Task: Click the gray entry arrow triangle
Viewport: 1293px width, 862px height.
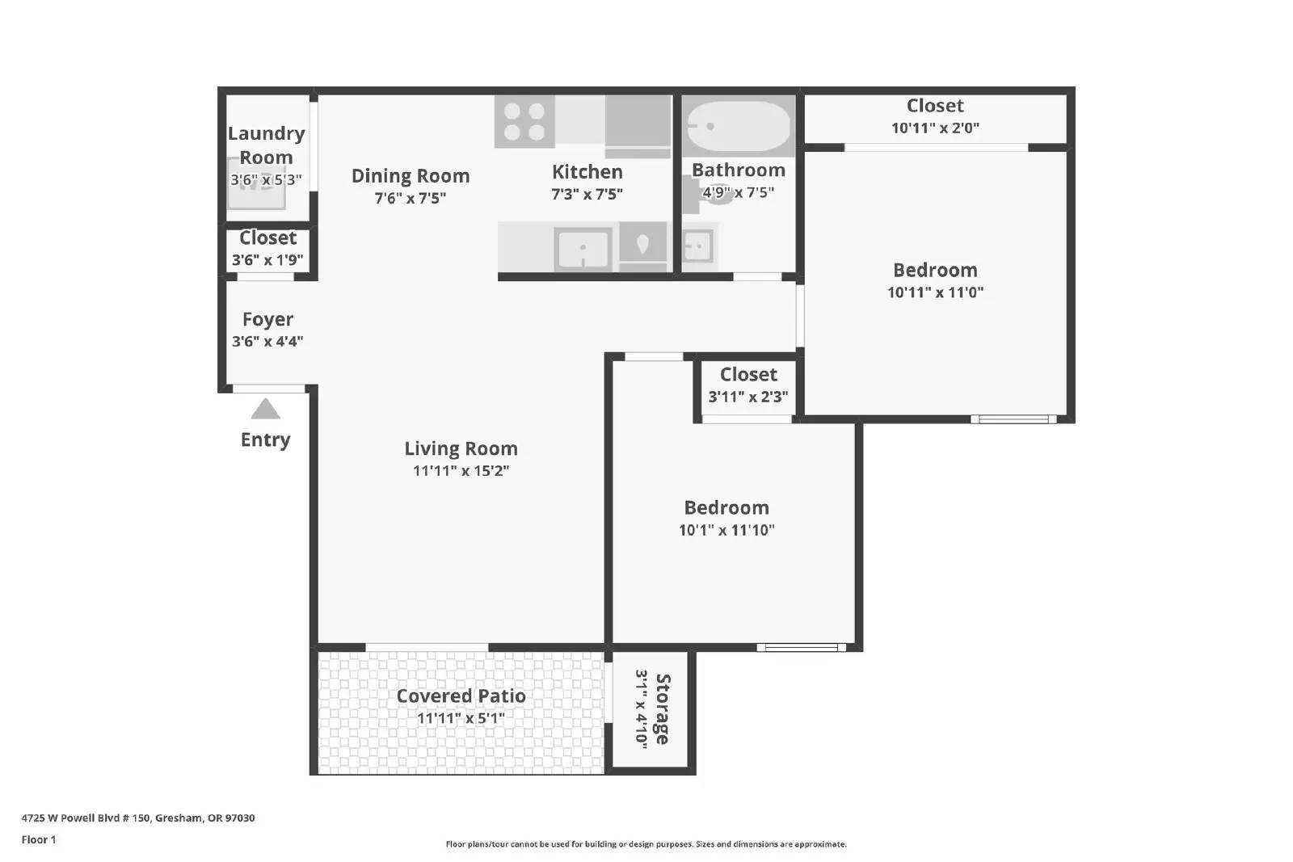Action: pyautogui.click(x=265, y=410)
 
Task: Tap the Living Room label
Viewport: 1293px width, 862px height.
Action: pyautogui.click(x=461, y=449)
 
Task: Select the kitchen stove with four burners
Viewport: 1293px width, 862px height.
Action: pyautogui.click(x=524, y=122)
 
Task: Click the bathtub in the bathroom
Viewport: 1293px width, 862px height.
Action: pyautogui.click(x=737, y=126)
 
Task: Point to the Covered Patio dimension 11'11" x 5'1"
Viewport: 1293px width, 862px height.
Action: pyautogui.click(x=461, y=718)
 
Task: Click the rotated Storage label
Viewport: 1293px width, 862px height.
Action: pyautogui.click(x=662, y=709)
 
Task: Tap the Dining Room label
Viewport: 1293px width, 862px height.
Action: pyautogui.click(x=410, y=176)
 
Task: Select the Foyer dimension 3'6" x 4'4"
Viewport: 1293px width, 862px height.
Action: pyautogui.click(x=267, y=342)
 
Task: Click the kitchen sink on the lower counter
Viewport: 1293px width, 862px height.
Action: pyautogui.click(x=582, y=247)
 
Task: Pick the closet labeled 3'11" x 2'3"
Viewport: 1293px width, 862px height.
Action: pyautogui.click(x=748, y=385)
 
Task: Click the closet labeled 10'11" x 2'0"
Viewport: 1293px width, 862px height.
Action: pyautogui.click(x=935, y=116)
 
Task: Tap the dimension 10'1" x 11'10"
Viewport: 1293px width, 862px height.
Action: pyautogui.click(x=727, y=531)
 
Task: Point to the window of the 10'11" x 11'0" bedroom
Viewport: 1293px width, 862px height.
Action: pyautogui.click(x=1013, y=419)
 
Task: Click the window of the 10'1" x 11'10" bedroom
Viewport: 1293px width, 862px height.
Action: pyautogui.click(x=801, y=647)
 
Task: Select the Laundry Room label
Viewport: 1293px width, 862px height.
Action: pyautogui.click(x=266, y=145)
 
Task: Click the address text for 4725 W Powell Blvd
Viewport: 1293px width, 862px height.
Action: pyautogui.click(x=138, y=818)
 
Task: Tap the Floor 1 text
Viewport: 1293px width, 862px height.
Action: pyautogui.click(x=39, y=840)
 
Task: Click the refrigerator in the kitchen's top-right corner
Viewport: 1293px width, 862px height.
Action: pyautogui.click(x=638, y=126)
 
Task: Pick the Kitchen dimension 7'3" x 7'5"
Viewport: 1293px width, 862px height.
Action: pyautogui.click(x=587, y=195)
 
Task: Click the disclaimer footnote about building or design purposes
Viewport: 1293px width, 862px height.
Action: pyautogui.click(x=646, y=844)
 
